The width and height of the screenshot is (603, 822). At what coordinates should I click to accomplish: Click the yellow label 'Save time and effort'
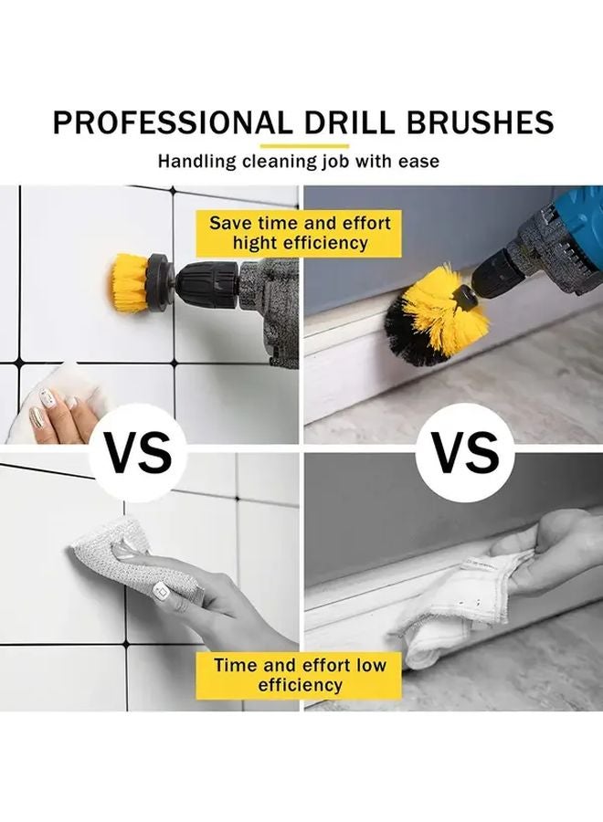pyautogui.click(x=300, y=223)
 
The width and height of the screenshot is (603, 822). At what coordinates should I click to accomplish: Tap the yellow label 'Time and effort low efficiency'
pyautogui.click(x=300, y=675)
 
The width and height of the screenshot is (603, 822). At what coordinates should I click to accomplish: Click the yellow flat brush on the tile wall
pyautogui.click(x=132, y=282)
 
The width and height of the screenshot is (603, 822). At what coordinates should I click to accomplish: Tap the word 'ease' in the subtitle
pyautogui.click(x=419, y=162)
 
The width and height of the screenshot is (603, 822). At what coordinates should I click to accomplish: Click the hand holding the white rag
pyautogui.click(x=548, y=548)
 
